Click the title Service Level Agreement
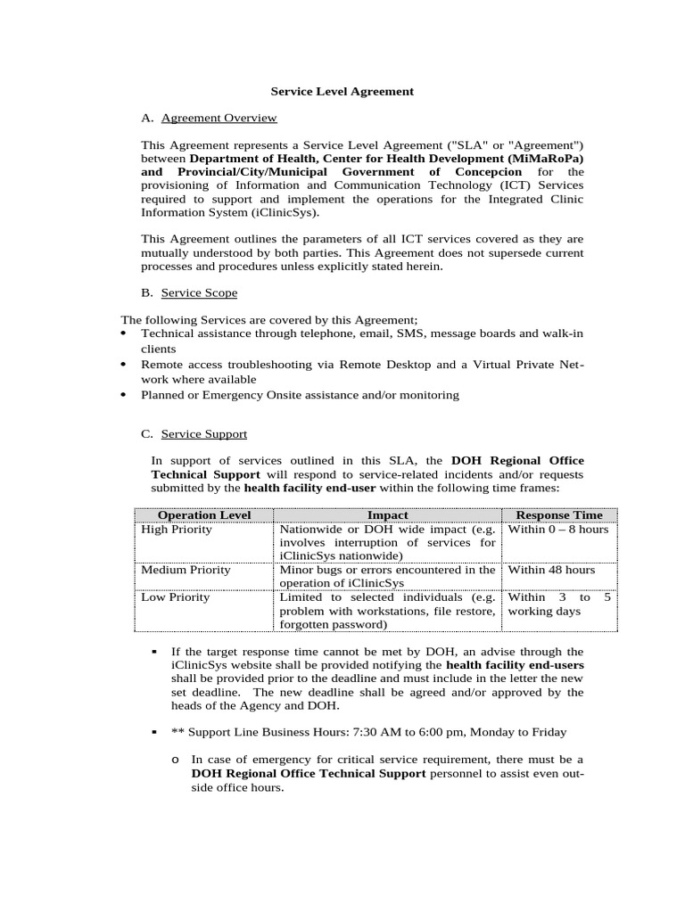342,91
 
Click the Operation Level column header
204,514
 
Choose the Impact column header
387,514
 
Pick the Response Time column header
559,514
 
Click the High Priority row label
177,529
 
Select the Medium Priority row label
186,569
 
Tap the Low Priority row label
176,597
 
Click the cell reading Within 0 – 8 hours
557,529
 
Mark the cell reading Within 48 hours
551,569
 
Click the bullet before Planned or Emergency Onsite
123,395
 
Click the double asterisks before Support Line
177,732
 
